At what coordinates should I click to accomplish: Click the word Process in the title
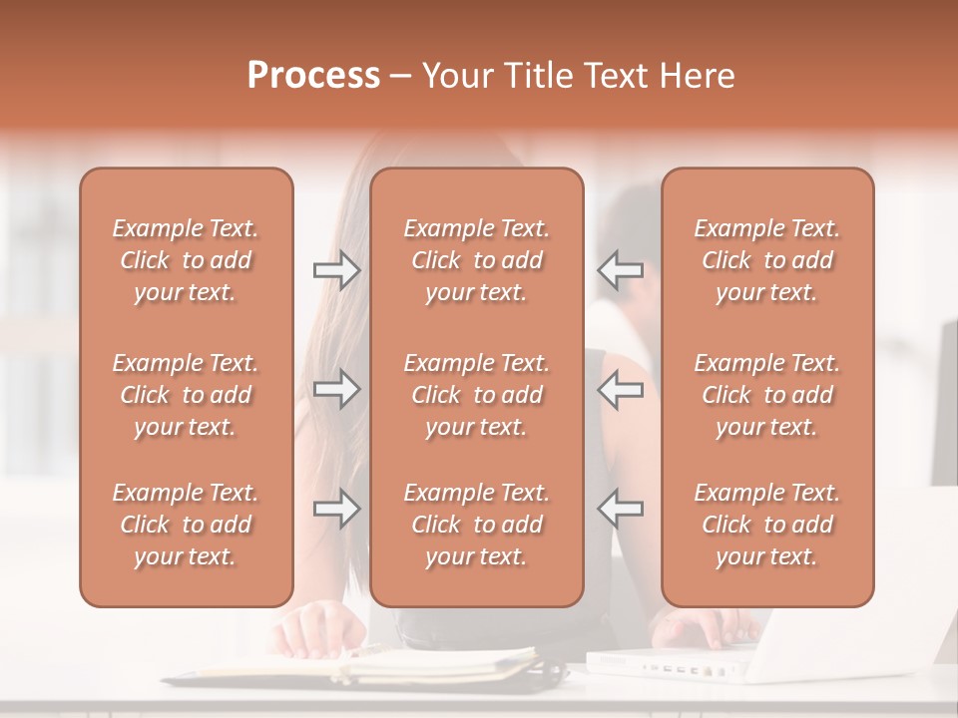click(313, 76)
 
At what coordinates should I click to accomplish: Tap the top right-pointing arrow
click(336, 269)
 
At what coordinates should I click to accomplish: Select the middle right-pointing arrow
click(336, 389)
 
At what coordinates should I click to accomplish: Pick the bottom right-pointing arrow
click(336, 509)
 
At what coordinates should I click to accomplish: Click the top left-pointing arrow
click(620, 269)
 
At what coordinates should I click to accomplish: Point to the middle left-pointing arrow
click(620, 389)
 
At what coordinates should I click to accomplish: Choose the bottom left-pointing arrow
click(620, 509)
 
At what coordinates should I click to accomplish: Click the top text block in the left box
click(186, 260)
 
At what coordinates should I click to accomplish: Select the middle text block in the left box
click(186, 395)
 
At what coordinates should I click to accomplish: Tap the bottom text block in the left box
click(186, 525)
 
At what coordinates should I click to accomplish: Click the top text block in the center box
click(477, 260)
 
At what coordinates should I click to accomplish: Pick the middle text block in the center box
click(477, 395)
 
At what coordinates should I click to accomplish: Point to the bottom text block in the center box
click(477, 525)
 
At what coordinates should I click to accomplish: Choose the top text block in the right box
click(767, 260)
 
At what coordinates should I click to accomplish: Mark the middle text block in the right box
click(767, 395)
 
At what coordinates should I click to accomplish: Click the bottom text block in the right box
click(767, 525)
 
